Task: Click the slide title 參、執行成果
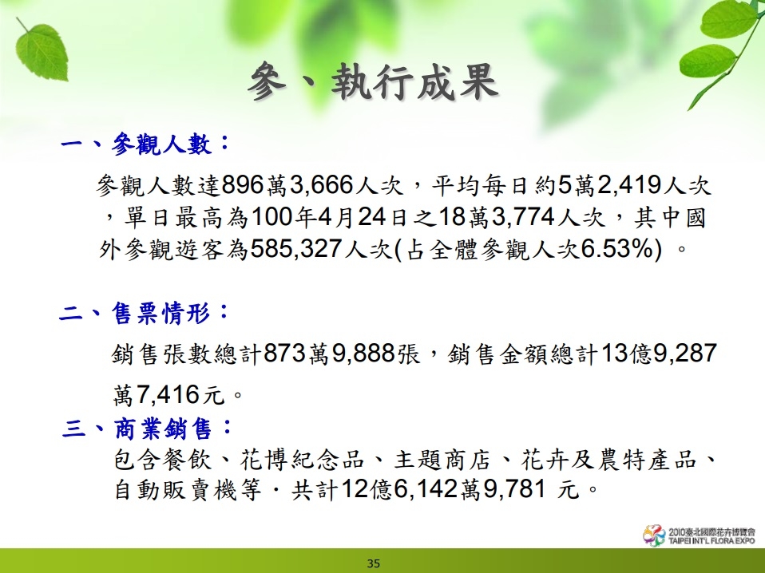373,81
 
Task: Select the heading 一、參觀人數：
145,144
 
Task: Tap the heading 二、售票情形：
145,312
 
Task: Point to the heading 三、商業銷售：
148,429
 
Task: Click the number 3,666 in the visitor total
322,185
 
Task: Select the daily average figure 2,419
629,185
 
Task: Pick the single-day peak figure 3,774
524,217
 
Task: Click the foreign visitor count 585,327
296,249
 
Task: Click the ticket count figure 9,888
363,353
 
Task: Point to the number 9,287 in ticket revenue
685,353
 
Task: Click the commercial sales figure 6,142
426,488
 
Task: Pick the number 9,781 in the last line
514,488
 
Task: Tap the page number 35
374,563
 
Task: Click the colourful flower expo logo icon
654,535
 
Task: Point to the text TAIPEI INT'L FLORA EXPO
711,541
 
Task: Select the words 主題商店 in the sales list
442,460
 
